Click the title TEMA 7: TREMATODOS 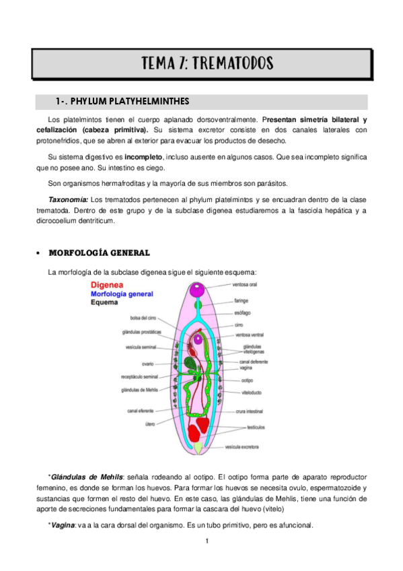207,64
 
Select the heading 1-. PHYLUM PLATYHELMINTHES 122,102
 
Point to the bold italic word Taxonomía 68,199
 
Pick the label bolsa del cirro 144,318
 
